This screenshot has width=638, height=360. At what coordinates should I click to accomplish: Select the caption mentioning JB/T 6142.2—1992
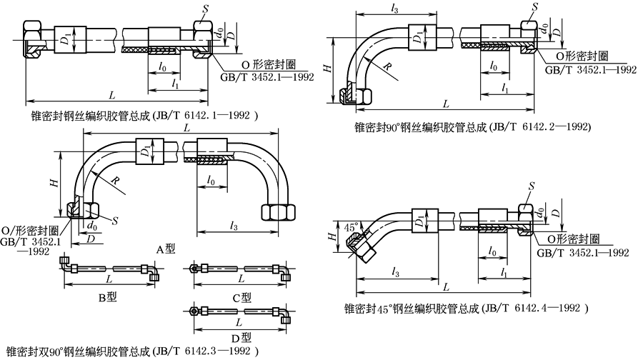coord(472,126)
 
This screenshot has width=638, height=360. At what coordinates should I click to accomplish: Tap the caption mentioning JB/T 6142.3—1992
coord(129,351)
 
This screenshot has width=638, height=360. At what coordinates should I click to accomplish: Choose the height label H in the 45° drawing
coord(332,235)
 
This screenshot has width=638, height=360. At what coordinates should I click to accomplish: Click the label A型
coord(166,249)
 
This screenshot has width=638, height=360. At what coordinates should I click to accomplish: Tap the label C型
coord(242,296)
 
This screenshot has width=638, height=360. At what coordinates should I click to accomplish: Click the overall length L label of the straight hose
coord(111,95)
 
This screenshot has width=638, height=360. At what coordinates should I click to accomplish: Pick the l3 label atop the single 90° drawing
coord(396,8)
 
